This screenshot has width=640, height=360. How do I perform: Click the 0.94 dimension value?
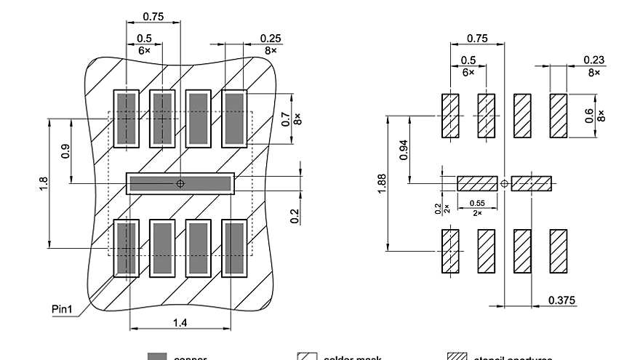[403, 150]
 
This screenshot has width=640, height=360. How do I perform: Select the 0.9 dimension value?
[65, 151]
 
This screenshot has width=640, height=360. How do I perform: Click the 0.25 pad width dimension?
[271, 39]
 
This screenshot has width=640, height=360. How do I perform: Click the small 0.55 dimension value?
[477, 203]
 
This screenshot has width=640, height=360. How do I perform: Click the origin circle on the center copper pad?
[181, 183]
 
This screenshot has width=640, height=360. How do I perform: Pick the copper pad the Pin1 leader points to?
[127, 249]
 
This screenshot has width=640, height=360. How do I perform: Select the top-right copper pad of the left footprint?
[234, 118]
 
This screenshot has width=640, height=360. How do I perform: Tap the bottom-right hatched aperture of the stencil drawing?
[558, 252]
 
